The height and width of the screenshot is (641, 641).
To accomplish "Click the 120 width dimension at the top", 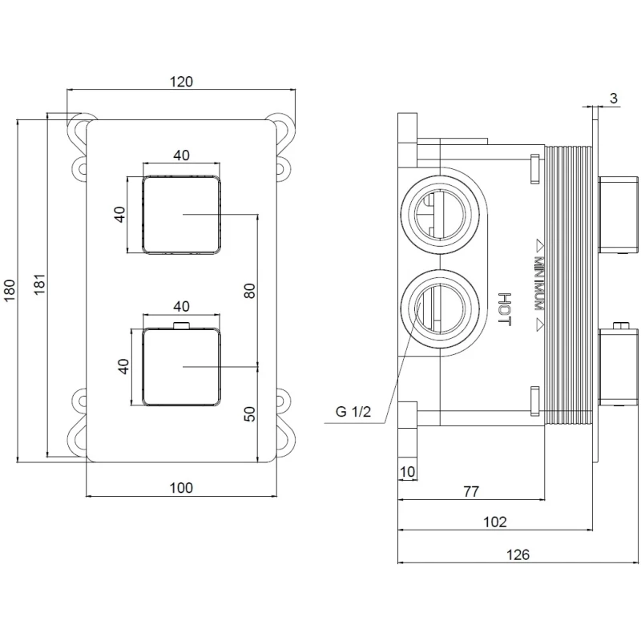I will pyautogui.click(x=182, y=81).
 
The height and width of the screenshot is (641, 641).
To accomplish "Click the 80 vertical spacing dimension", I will pyautogui.click(x=249, y=290).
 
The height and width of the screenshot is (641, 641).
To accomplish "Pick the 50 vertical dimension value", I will pyautogui.click(x=249, y=414).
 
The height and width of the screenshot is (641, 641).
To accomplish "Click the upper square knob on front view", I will pyautogui.click(x=181, y=215).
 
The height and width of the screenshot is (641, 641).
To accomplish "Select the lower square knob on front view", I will pyautogui.click(x=181, y=366).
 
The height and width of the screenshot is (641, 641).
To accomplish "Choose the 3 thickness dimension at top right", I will pyautogui.click(x=613, y=99).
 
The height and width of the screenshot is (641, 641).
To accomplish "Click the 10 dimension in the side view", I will pyautogui.click(x=407, y=472).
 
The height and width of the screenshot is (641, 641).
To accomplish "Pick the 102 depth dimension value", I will pyautogui.click(x=495, y=522).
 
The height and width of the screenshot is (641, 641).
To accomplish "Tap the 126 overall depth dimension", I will pyautogui.click(x=518, y=554).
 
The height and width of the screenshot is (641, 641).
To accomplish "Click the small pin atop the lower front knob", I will pyautogui.click(x=181, y=325).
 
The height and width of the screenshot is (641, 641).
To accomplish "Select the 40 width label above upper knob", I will pyautogui.click(x=181, y=155).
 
